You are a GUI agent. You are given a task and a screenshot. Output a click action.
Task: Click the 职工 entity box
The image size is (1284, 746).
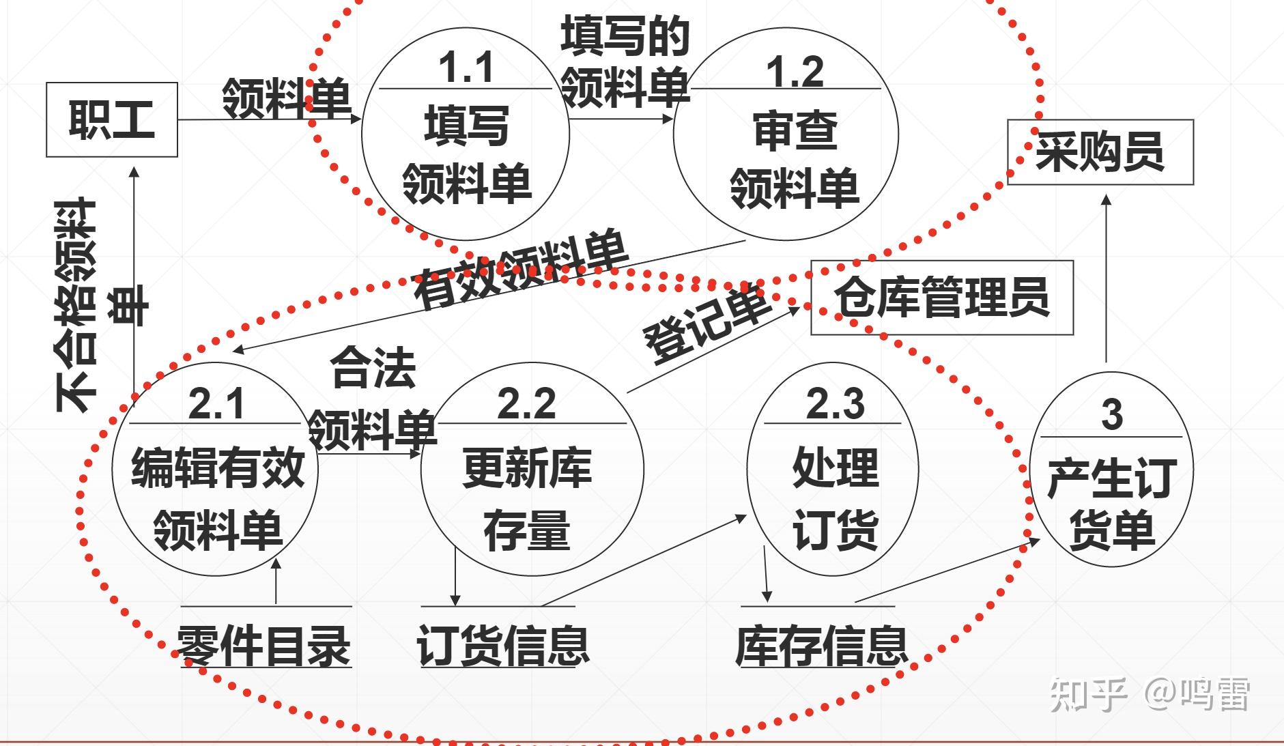112,120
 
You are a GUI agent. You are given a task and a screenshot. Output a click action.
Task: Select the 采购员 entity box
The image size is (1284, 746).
1100,152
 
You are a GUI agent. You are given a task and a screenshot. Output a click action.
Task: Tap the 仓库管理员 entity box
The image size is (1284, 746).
941,298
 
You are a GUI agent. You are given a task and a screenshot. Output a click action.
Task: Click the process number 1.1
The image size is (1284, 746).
466,68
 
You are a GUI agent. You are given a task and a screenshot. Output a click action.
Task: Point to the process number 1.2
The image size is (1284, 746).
795,72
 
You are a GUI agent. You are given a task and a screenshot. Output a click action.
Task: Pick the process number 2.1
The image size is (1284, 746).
216,403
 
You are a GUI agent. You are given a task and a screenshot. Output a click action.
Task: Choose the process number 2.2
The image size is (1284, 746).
526,403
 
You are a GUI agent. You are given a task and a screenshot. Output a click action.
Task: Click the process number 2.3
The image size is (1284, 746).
835,403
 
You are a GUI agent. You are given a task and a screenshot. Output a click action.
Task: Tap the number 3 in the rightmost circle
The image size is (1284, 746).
1112,414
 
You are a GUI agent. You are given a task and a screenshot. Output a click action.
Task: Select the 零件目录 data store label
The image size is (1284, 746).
265,646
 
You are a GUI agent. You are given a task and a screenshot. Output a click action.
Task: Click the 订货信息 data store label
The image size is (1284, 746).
503,646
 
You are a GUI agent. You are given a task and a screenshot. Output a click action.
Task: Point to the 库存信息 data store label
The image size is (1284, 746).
822,646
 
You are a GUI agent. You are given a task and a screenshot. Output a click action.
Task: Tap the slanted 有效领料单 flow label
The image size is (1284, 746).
520,270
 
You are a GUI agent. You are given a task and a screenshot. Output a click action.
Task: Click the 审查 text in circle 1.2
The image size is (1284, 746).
795,131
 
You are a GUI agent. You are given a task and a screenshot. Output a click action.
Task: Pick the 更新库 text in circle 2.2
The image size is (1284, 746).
526,469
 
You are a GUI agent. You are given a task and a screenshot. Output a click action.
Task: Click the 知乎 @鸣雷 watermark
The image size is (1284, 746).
1150,694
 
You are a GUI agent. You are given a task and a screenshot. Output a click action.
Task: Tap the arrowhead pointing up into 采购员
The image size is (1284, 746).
1107,199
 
